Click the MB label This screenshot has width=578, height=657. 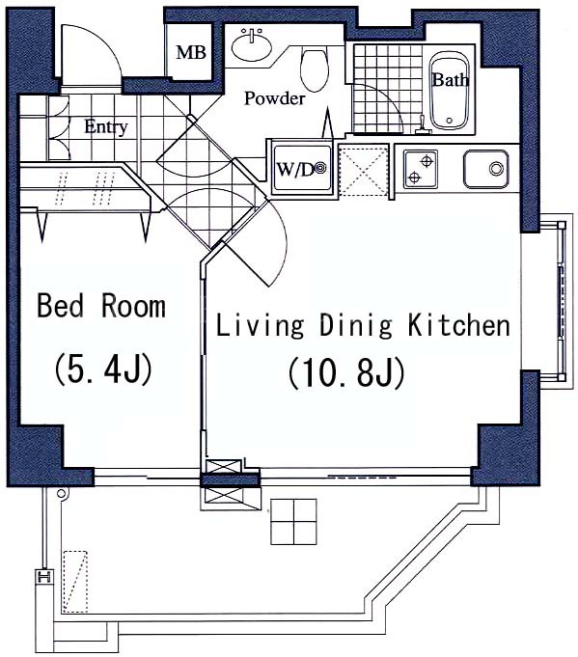click(191, 53)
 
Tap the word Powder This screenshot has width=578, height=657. click(275, 98)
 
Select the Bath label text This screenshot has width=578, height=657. click(451, 80)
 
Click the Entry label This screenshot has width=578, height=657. click(106, 127)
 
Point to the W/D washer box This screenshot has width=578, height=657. click(302, 169)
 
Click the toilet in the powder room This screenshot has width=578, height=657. click(314, 70)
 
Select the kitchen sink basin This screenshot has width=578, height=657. click(486, 169)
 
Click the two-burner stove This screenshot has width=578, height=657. click(421, 169)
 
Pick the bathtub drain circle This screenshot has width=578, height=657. click(450, 121)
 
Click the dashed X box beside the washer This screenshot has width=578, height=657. click(364, 170)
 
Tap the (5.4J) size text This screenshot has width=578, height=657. click(102, 370)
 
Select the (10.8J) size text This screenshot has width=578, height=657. click(346, 372)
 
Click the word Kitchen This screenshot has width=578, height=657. click(459, 325)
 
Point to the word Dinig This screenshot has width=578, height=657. click(356, 326)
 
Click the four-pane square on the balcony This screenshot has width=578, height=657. click(293, 522)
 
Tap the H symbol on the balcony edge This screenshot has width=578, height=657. click(44, 576)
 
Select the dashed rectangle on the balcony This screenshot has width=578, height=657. click(75, 582)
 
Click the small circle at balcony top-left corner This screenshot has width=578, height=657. click(61, 494)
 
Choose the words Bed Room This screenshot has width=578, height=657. click(101, 306)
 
